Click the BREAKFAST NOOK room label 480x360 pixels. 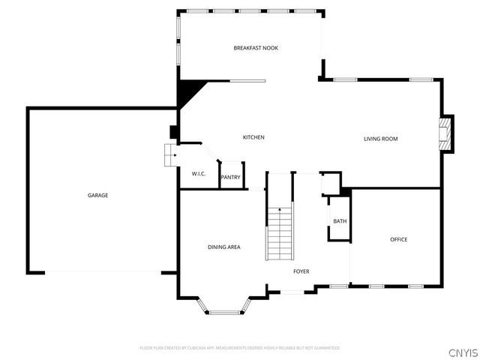(256, 48)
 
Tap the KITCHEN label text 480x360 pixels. (253, 137)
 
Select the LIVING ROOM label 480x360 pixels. (380, 139)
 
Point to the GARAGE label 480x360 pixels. (97, 195)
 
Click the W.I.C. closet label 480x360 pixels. (199, 174)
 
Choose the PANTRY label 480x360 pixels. (231, 178)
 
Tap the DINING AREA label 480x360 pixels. (223, 247)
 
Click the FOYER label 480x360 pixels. (301, 271)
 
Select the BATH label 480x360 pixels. (340, 221)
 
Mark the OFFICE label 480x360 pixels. (398, 239)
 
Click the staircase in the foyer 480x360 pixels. (280, 234)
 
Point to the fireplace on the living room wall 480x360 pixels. (447, 133)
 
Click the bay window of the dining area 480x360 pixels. (223, 306)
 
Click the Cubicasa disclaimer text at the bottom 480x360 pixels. (240, 348)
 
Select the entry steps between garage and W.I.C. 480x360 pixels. (169, 155)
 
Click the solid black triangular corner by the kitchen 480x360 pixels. (188, 93)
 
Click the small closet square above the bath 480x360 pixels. (330, 183)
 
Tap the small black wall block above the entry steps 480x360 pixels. (174, 133)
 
